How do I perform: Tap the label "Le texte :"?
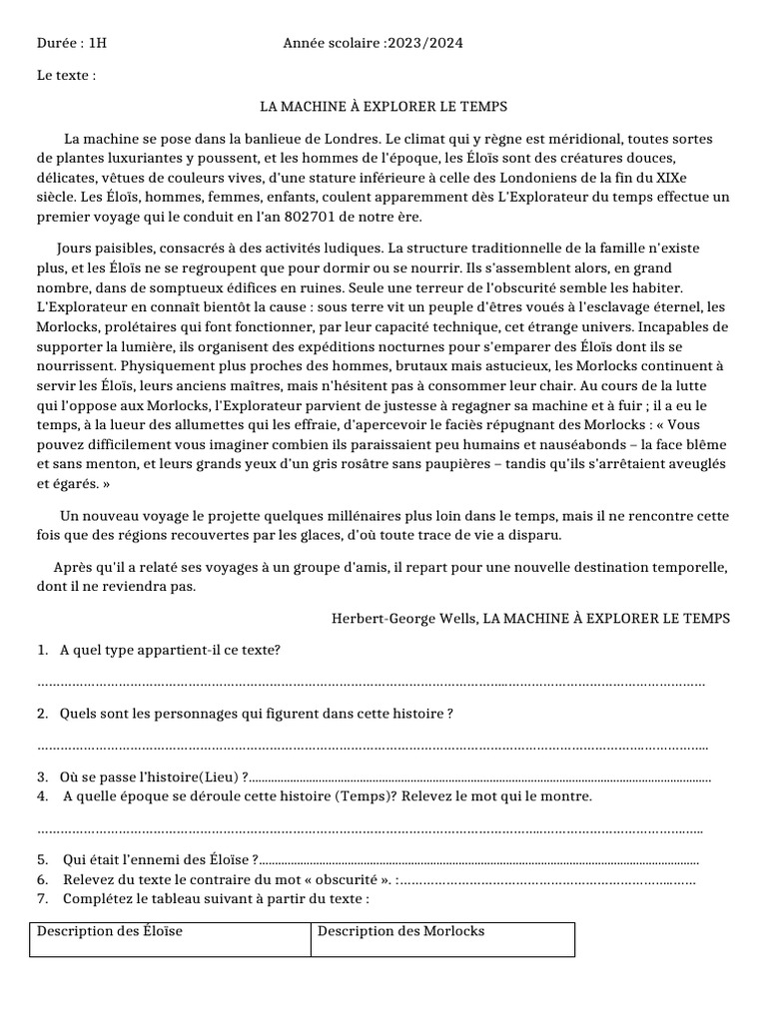pos(66,75)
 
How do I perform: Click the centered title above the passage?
pos(383,106)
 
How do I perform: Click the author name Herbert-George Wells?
pos(404,619)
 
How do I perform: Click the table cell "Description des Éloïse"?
pos(110,931)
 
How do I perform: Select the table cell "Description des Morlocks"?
pos(400,931)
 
